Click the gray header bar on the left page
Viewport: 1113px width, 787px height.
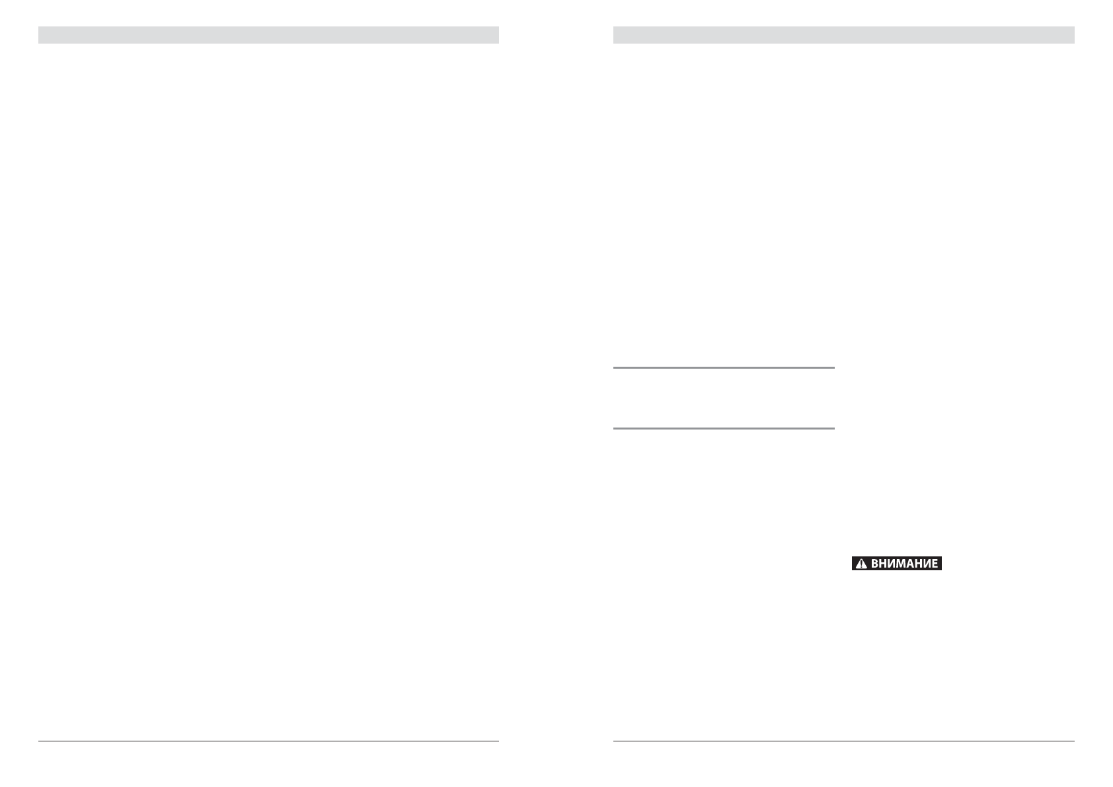click(268, 35)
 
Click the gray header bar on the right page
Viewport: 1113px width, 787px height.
click(843, 35)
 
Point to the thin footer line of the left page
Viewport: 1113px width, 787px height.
click(268, 741)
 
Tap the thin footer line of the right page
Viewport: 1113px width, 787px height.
click(843, 741)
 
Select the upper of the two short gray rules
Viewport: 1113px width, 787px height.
click(724, 367)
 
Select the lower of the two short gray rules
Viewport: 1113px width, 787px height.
click(724, 428)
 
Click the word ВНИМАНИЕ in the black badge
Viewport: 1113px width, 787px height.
click(904, 564)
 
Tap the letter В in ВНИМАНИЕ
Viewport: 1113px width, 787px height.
click(875, 564)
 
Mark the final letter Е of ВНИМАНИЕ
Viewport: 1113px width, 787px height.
click(935, 564)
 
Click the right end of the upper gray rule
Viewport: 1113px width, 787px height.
click(833, 367)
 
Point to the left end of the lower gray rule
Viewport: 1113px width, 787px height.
click(615, 428)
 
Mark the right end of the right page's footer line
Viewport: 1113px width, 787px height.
click(1073, 741)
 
